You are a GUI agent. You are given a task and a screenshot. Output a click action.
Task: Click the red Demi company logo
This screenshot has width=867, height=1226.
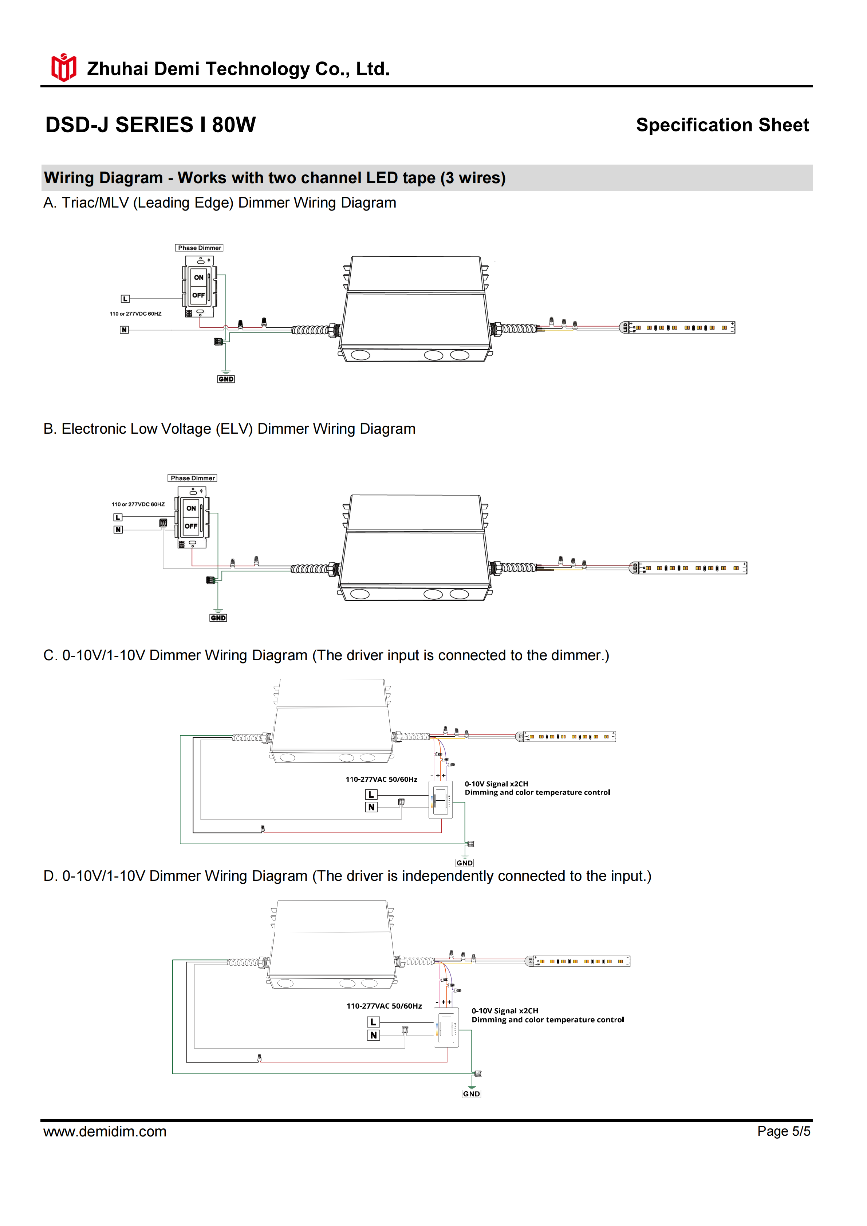point(63,68)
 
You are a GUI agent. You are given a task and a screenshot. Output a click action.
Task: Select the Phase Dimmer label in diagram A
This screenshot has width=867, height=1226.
point(199,248)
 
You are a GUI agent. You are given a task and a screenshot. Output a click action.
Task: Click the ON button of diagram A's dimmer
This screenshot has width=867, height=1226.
point(198,277)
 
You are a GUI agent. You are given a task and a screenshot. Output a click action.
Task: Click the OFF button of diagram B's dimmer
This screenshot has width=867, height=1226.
point(191,526)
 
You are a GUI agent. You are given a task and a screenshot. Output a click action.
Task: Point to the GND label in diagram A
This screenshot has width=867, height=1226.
point(226,379)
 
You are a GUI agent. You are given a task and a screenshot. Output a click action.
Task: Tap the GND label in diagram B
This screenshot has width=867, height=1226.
point(218,618)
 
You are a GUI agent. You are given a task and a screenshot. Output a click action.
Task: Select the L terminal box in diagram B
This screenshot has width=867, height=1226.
point(118,517)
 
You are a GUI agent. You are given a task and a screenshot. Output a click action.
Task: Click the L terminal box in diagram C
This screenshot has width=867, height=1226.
point(371,795)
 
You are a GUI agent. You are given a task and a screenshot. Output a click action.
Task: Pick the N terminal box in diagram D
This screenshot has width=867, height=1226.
point(373,1035)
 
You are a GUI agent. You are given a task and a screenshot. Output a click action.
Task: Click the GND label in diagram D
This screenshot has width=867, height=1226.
point(472,1093)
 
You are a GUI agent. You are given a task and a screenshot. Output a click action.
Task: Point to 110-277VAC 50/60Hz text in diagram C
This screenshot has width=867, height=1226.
point(381,779)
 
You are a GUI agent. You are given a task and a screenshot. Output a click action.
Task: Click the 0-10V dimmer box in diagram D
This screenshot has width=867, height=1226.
point(446,1027)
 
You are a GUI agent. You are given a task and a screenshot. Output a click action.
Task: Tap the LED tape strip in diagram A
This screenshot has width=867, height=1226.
point(678,327)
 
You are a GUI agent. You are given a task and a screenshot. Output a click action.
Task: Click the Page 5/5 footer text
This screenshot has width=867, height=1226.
point(783,1131)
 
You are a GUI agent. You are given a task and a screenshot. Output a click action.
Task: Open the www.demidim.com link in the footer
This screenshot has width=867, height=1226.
point(105,1131)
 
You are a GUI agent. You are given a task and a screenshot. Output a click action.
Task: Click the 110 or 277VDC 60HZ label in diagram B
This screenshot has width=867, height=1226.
point(138,504)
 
